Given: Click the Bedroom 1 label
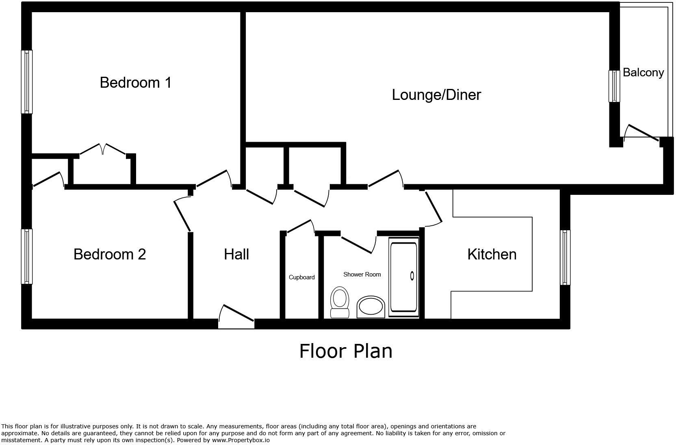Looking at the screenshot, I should (135, 82).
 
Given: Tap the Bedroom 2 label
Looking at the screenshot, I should (109, 254).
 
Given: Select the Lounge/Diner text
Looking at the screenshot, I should (436, 95).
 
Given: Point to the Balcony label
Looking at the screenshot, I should (643, 73).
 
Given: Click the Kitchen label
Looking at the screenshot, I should (492, 254).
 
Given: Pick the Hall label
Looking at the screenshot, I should (236, 255).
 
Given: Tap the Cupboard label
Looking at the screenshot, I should (301, 277).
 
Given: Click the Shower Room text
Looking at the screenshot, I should (362, 274).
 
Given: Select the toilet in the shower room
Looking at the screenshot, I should (340, 302).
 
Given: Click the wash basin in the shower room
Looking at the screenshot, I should (370, 307).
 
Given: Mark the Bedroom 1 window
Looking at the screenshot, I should (26, 82).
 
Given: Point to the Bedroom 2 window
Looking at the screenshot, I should (26, 256).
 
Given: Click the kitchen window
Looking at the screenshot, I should (565, 257).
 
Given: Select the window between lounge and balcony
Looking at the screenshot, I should (614, 86).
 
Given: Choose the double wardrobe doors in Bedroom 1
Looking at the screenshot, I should (103, 149).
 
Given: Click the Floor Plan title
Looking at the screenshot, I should (346, 351).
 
